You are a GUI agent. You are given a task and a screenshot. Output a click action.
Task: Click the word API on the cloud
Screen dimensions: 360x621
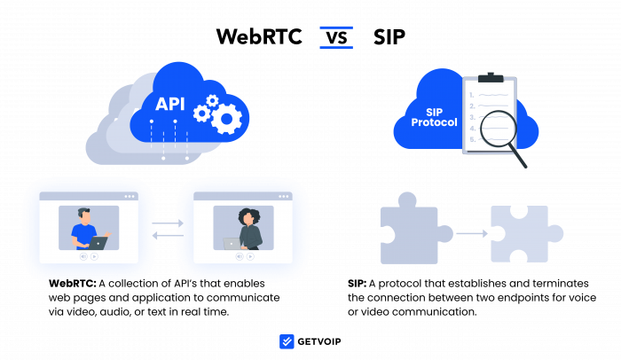tap(169, 104)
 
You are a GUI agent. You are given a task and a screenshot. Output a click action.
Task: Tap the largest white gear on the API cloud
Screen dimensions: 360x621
tap(226, 119)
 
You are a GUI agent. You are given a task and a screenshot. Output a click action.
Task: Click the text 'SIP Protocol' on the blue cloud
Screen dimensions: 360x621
tap(434, 117)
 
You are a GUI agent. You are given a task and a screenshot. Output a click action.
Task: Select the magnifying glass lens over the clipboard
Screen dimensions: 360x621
tap(498, 129)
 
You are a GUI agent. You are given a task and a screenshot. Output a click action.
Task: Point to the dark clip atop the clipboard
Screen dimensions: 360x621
tap(491, 78)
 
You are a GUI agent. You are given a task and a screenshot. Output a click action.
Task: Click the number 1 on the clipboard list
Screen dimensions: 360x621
tap(472, 94)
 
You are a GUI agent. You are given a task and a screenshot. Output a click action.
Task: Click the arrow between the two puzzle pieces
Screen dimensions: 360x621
tap(472, 233)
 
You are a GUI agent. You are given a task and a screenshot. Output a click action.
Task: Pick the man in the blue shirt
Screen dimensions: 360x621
tap(84, 229)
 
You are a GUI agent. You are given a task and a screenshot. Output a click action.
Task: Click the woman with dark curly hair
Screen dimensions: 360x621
tap(248, 229)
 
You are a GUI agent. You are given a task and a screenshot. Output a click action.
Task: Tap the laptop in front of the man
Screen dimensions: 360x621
tap(98, 242)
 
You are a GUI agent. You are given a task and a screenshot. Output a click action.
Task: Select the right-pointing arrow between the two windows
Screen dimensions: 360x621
tap(167, 223)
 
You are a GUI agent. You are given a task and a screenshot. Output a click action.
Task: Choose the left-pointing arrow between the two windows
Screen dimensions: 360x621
tap(167, 235)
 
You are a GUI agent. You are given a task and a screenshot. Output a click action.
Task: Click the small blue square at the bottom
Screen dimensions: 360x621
tap(287, 341)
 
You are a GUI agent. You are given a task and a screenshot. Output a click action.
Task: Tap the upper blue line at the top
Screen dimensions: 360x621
tap(336, 27)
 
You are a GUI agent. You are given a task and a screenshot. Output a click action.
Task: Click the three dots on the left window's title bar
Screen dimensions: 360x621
tap(130, 196)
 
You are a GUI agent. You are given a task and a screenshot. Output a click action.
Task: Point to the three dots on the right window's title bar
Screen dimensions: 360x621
tap(283, 196)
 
